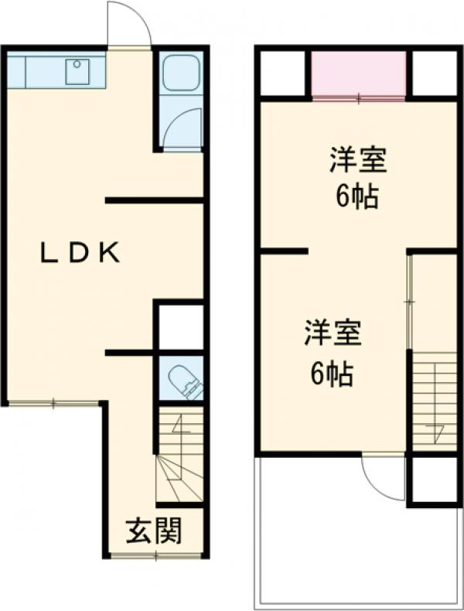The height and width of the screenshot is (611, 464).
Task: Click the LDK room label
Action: pyautogui.click(x=80, y=253)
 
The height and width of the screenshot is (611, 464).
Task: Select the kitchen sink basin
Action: pyautogui.click(x=77, y=72)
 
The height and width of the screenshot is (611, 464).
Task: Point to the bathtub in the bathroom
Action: pyautogui.click(x=182, y=74)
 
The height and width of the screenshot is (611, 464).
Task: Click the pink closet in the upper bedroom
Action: pyautogui.click(x=359, y=74)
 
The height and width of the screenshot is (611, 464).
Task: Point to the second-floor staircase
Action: pyautogui.click(x=435, y=401)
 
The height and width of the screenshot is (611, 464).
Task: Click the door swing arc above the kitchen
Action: pyautogui.click(x=128, y=25)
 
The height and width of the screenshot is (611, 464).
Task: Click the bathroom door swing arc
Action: pyautogui.click(x=183, y=128)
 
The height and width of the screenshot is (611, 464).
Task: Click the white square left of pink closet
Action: pyautogui.click(x=283, y=73)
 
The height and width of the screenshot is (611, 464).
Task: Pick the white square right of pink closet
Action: pyautogui.click(x=435, y=73)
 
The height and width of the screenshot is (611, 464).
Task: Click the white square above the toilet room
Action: pyautogui.click(x=181, y=327)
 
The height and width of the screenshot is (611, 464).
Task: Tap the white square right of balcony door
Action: pyautogui.click(x=434, y=480)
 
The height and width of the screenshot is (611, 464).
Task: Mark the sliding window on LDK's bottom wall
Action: pyautogui.click(x=54, y=402)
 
